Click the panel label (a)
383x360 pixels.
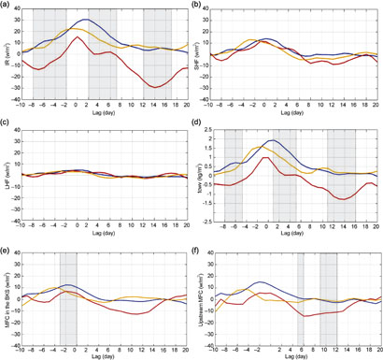[x=7, y=5]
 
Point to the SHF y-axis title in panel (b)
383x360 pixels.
[x=197, y=54]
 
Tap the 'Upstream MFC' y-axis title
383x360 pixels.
[x=197, y=294]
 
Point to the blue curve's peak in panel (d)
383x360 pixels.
[x=273, y=141]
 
